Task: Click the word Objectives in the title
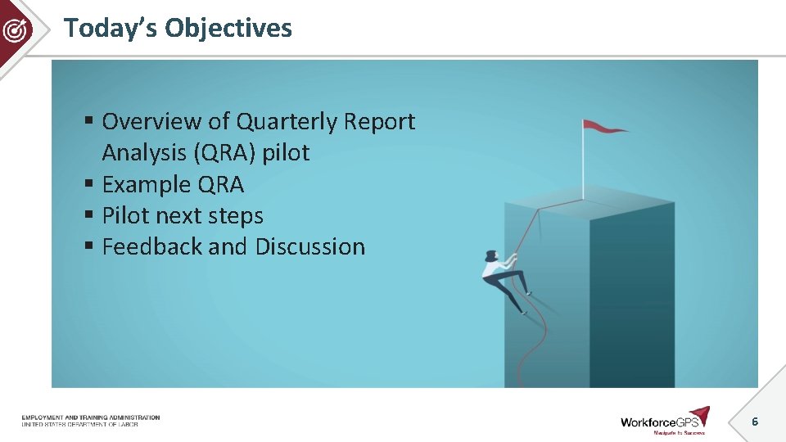pos(228,28)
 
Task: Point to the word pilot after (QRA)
pos(286,153)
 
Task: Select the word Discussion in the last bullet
pos(310,247)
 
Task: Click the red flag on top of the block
pos(603,126)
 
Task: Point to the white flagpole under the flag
pos(583,164)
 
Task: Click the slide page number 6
pos(755,422)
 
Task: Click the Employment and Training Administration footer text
pos(90,417)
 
